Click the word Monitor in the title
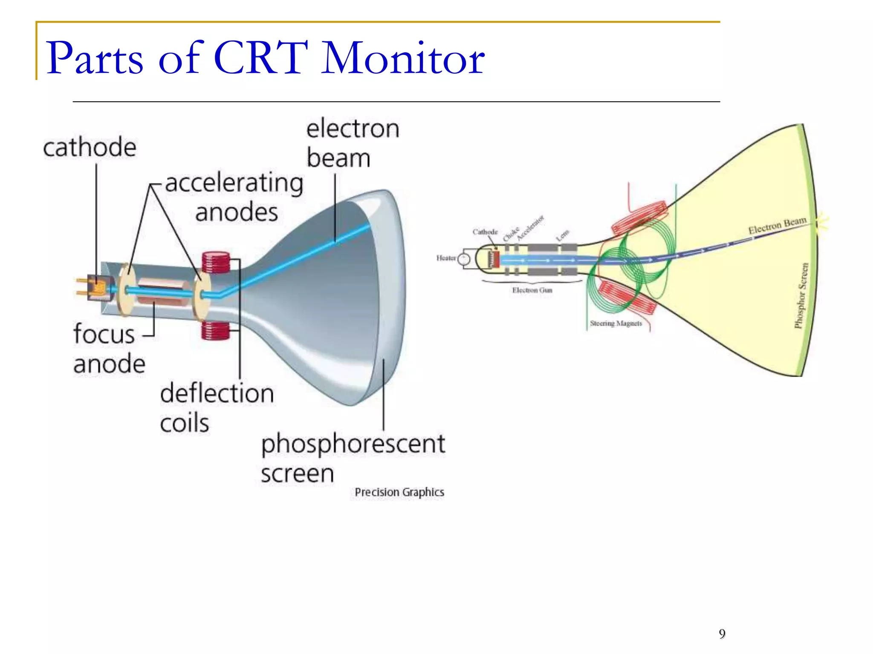point(403,58)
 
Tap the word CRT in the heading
point(261,58)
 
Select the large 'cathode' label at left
point(90,148)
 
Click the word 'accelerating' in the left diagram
point(234,183)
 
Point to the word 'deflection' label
point(217,393)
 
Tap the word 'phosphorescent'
point(353,444)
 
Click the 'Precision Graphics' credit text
point(399,492)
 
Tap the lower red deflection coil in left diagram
point(215,330)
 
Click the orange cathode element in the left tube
point(99,289)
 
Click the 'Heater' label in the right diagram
point(446,258)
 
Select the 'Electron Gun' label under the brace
point(532,290)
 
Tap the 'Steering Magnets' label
point(616,324)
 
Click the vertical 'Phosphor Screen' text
point(801,295)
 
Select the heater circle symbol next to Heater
point(463,259)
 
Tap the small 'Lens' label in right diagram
point(563,235)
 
